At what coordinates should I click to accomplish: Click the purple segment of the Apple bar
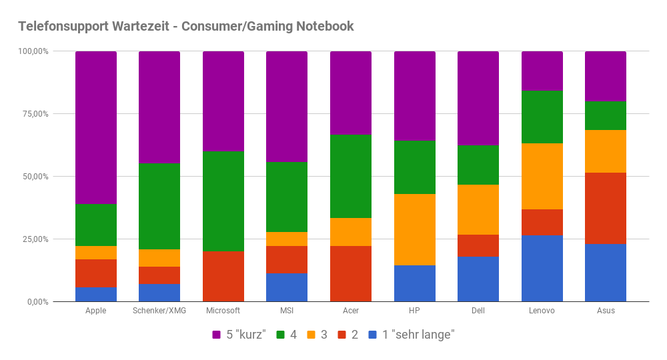tap(95, 127)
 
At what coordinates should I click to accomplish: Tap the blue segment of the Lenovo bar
tap(542, 269)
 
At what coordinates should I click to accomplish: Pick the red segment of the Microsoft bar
tap(223, 277)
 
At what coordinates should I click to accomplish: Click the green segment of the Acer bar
tap(351, 176)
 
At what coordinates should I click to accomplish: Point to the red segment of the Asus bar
tap(605, 208)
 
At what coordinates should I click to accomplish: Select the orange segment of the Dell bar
tap(478, 209)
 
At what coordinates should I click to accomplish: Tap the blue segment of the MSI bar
tap(287, 287)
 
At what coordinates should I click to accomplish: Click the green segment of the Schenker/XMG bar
tap(159, 206)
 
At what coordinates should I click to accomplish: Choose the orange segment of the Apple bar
tap(95, 252)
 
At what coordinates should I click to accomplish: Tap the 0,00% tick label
tap(37, 302)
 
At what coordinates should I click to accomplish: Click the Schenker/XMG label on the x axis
tap(159, 311)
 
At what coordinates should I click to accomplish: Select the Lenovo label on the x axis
tap(542, 311)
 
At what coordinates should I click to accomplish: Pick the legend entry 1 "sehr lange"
tap(412, 334)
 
